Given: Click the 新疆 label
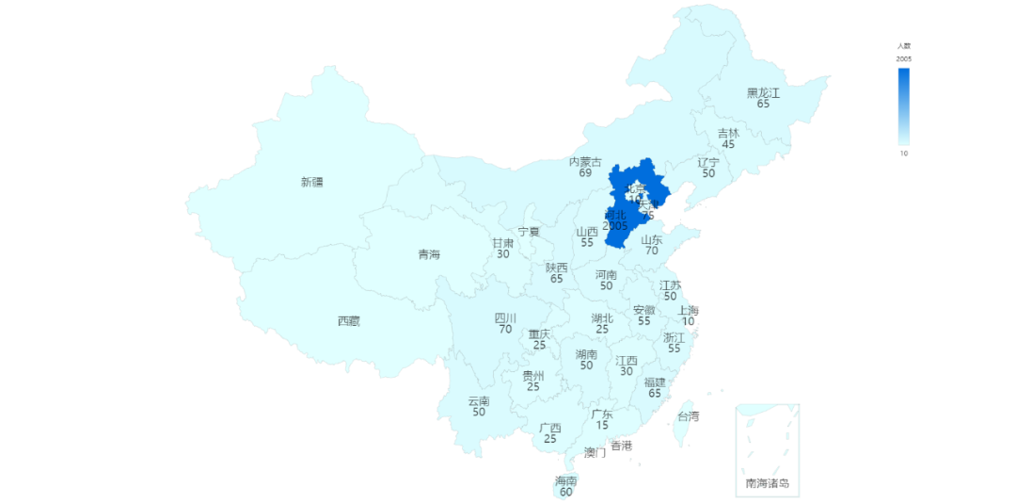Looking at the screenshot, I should coord(311,182).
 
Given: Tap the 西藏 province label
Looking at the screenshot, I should coord(349,321).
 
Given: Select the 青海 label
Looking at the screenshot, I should coord(429,254).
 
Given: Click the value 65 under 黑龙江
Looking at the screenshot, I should coord(763,105).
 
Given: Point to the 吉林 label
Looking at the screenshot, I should coord(728,134).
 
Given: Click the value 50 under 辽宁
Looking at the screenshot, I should coord(708,173).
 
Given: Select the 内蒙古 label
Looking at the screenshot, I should coord(585,162).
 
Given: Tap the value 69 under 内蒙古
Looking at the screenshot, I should coord(585,173).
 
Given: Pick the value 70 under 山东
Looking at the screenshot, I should coord(652,251).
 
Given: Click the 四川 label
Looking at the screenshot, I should coord(505,318).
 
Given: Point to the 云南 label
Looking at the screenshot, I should coord(479,401).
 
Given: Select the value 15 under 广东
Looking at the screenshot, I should coord(602,426).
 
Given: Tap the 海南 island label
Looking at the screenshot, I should coord(565,480).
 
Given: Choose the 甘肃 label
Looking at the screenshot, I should coord(502,243).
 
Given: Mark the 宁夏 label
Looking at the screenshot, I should coord(529,232).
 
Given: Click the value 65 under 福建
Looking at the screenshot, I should coord(655,393).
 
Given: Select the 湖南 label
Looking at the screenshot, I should coord(586,354).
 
